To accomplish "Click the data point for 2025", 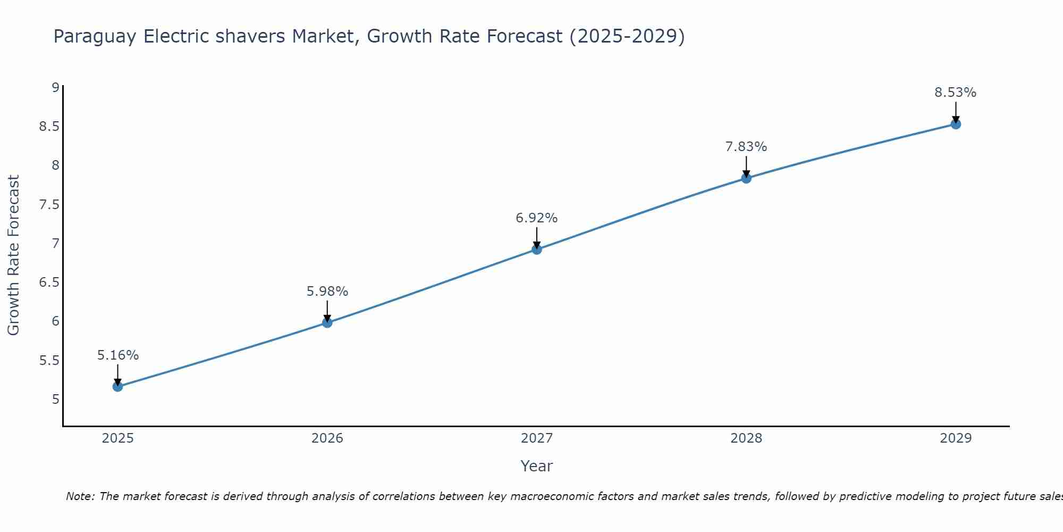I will (117, 386).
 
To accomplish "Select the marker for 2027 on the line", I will (537, 249).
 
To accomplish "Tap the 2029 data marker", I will (956, 124).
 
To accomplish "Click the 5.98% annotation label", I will (327, 292).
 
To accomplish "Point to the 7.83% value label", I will (746, 147).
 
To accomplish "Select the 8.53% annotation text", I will (956, 93).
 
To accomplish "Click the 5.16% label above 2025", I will (118, 355).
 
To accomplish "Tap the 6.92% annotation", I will (537, 218).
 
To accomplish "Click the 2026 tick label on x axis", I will (327, 438).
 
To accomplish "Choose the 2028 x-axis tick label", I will (746, 438).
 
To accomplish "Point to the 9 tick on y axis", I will (55, 87).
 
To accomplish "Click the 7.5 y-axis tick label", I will (49, 204).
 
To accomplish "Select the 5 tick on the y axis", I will (55, 399).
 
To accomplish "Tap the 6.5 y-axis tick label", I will (49, 282).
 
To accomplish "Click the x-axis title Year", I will (537, 466).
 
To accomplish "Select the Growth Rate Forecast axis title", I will (14, 255).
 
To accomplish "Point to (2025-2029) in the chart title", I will (627, 37).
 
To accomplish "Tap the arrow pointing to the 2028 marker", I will (746, 167).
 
